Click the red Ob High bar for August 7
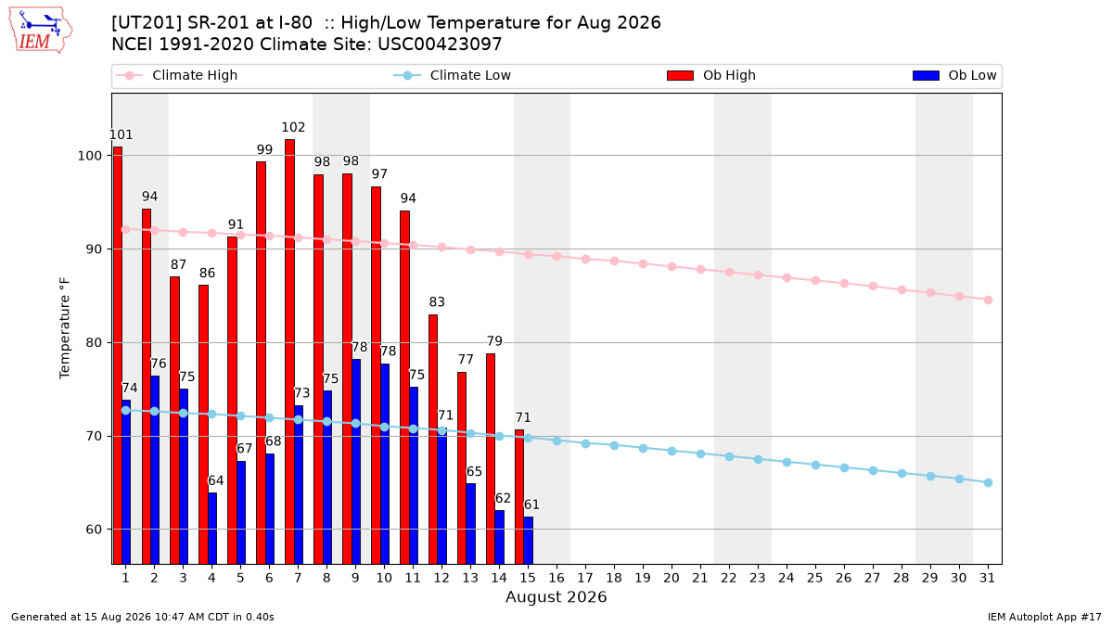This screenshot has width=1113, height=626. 289,351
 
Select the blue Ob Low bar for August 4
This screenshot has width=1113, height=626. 212,528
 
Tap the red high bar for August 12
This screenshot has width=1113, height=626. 433,440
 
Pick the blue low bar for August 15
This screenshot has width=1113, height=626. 528,541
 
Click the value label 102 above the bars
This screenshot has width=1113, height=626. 293,128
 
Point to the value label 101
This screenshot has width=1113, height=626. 121,135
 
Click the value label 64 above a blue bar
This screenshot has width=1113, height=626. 215,481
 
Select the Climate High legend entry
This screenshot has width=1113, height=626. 176,75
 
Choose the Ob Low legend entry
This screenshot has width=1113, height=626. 954,75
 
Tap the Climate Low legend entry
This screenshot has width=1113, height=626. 453,75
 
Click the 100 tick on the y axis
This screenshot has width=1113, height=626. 89,156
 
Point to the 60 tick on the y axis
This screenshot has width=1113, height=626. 94,530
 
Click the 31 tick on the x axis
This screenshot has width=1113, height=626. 987,578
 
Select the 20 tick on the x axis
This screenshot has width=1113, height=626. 672,578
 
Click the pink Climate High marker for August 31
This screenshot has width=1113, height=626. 988,300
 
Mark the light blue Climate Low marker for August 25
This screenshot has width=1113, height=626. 815,465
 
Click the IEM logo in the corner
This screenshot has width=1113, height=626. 41,31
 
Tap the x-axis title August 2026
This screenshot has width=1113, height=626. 556,596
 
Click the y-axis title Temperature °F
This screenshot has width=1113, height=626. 65,328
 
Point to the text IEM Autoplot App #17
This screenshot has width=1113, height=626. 1044,617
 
